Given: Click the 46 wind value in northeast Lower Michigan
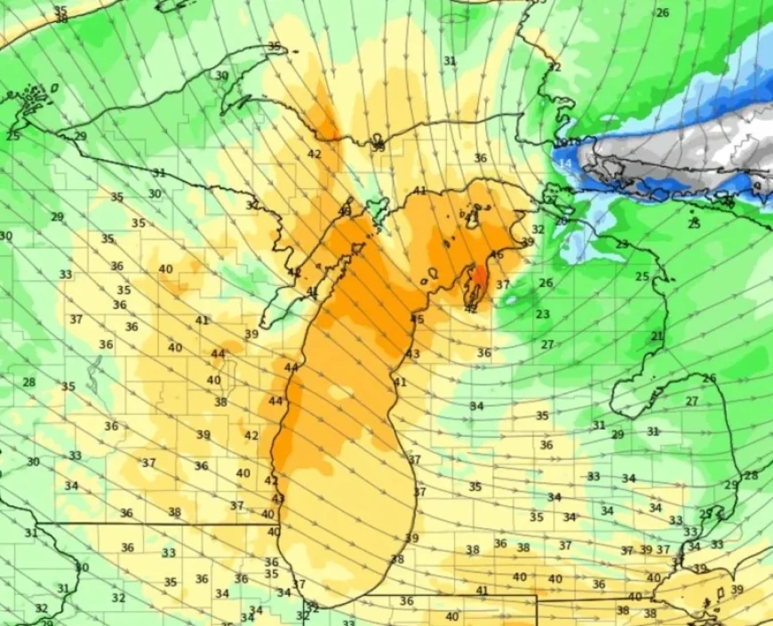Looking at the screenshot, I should pos(498,255).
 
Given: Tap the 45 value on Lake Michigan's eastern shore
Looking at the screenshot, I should pos(418,320).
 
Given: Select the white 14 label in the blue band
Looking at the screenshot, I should pos(565,164).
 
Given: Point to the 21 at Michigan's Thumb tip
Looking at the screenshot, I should pos(657,337).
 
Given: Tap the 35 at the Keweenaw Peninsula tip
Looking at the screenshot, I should pos(274,46).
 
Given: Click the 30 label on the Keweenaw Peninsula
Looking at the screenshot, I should pos(221,75).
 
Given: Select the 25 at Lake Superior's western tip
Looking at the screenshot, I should pos(12,136).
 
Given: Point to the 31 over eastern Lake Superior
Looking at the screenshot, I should pos(450,60).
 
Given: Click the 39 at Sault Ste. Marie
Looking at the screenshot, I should pos(379,147).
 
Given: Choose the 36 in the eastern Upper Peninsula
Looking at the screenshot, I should pos(480,158).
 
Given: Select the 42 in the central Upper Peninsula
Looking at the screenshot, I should pos(314,154).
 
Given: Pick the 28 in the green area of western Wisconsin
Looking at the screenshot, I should pos(29,383).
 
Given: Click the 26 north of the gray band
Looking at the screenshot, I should pos(662,12).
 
